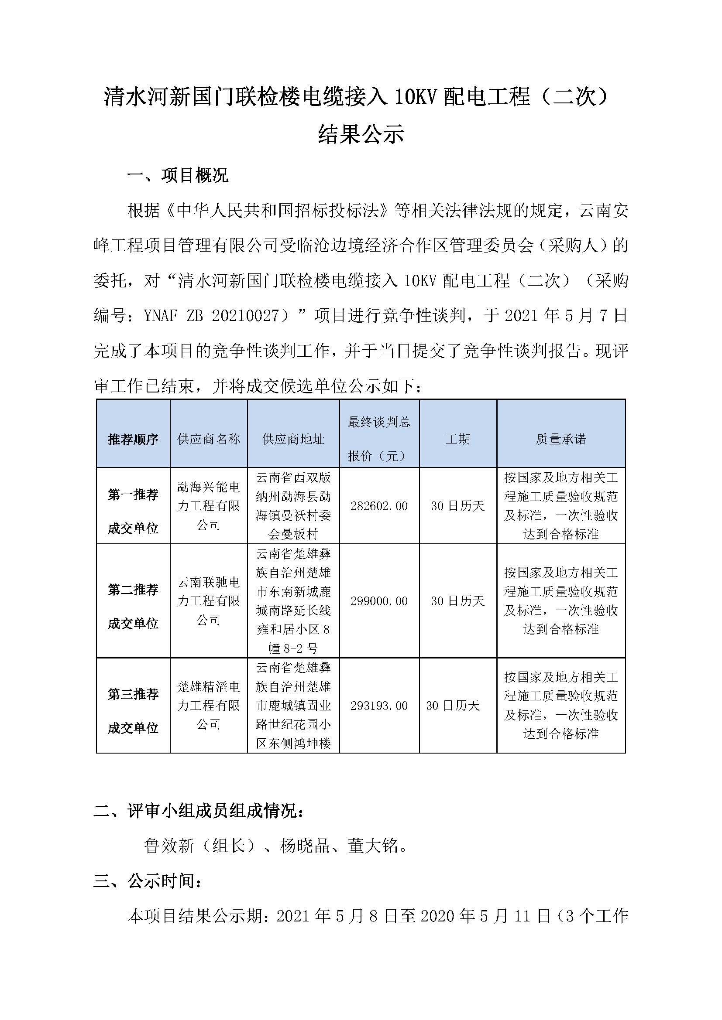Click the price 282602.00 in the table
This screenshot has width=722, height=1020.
379,505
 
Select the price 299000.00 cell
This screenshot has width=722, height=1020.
379,601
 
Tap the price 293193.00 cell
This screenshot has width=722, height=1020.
379,706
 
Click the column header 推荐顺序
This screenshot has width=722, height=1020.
133,440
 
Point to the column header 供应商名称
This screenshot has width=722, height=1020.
209,439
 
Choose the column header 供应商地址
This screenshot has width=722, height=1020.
293,439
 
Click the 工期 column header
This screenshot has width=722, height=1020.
457,439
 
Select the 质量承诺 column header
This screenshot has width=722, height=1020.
560,439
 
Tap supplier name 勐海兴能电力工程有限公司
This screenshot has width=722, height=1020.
209,505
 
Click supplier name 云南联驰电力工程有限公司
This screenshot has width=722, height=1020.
209,600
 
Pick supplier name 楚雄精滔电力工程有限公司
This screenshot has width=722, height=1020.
209,706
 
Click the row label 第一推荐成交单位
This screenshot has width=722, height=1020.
133,512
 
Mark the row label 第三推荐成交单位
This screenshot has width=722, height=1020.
133,711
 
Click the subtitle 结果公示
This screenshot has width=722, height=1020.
361,134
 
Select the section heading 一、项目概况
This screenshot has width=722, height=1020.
177,175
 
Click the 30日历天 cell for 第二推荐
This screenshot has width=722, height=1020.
457,601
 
